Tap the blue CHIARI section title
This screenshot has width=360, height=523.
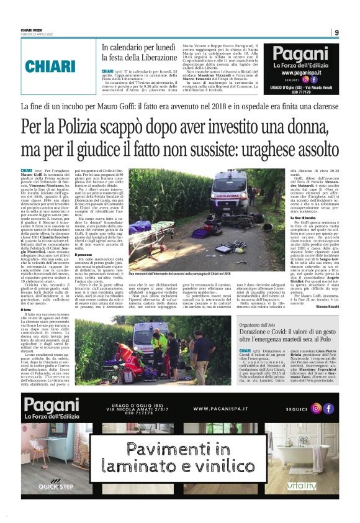(x=50, y=66)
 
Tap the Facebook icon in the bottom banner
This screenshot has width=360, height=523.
(x=328, y=408)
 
